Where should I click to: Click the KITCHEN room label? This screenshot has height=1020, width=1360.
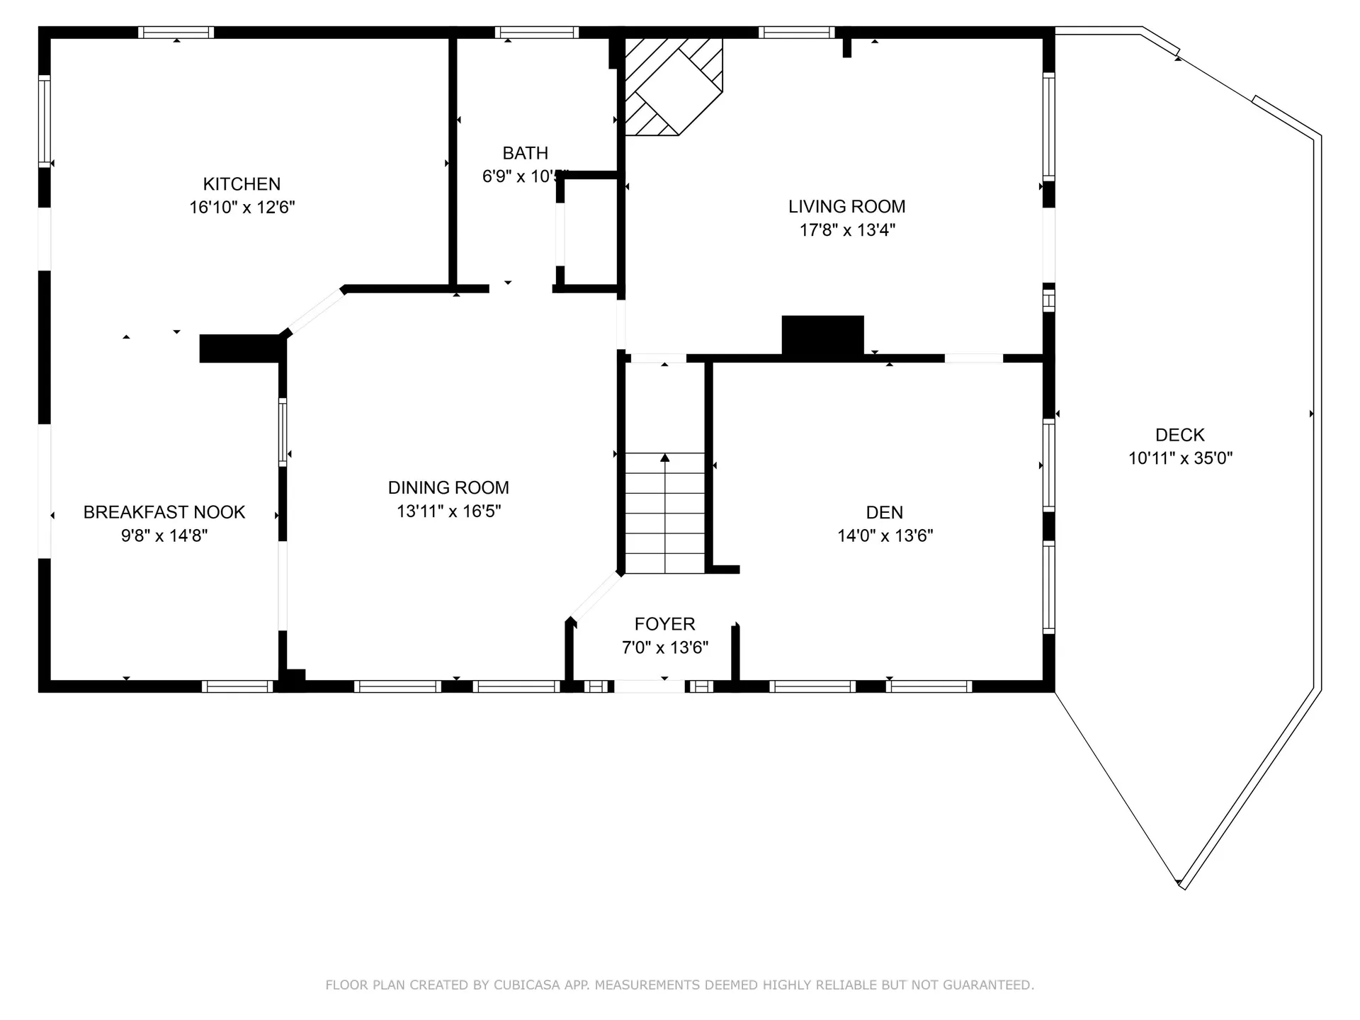tap(242, 184)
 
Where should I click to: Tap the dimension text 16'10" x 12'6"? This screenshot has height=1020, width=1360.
tap(242, 208)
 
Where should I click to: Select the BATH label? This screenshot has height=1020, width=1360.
tap(525, 153)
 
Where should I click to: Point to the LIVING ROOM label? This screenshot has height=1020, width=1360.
tap(846, 206)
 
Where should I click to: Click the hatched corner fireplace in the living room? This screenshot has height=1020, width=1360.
tap(673, 85)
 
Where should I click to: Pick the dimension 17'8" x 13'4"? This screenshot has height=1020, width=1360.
tap(847, 229)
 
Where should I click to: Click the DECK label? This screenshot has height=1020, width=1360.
tap(1179, 435)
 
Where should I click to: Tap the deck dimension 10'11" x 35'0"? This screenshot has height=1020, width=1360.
tap(1180, 458)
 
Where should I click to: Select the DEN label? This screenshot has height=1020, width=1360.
tap(884, 512)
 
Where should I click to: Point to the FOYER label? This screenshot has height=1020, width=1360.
tap(664, 624)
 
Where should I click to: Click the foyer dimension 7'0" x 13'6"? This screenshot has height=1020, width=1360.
tap(664, 647)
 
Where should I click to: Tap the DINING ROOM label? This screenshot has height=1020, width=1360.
tap(448, 487)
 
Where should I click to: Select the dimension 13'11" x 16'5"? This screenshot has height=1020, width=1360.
tap(448, 511)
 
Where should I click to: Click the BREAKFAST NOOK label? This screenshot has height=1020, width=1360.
tap(164, 512)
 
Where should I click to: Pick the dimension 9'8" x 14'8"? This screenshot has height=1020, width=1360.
tap(164, 535)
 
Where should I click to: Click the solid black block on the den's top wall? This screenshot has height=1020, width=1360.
tap(822, 335)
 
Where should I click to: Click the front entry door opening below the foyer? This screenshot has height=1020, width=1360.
tap(650, 686)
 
